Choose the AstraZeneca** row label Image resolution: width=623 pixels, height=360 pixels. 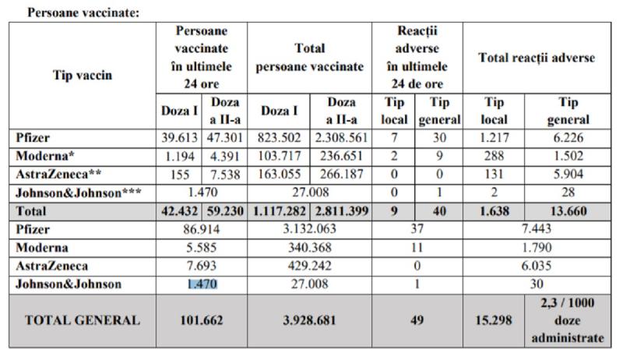pos(55,175)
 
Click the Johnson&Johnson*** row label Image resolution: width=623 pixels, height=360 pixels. pos(74,192)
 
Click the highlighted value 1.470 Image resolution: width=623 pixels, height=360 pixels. pos(202,284)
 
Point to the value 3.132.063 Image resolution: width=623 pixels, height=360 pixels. pos(310,230)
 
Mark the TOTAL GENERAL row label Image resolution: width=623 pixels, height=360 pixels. pos(83,320)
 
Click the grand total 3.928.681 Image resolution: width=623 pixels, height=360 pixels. pos(310,320)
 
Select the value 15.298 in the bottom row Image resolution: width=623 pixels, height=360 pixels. pos(494,320)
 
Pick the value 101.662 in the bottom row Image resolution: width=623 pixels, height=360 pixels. pos(202,320)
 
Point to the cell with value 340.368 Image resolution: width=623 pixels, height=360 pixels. pos(310,248)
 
